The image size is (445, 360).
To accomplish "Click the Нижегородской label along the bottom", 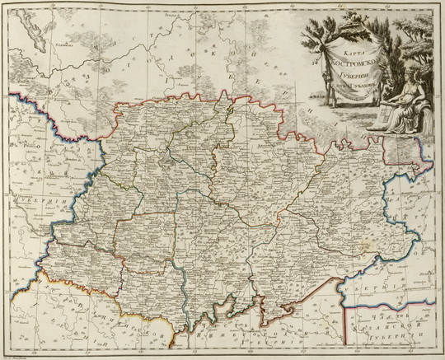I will point(247,336).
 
